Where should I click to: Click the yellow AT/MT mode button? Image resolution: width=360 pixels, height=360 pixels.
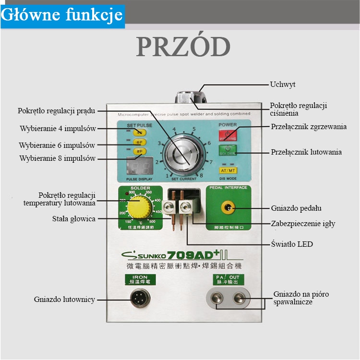[x=228, y=170]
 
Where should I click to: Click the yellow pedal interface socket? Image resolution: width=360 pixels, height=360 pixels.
[x=228, y=208]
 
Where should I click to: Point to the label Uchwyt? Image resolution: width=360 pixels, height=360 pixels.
[x=282, y=84]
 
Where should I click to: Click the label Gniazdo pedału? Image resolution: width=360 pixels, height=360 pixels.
[x=296, y=208]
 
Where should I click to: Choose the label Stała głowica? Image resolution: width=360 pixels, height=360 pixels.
[x=73, y=219]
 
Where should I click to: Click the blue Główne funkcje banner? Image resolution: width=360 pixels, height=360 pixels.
[x=62, y=15]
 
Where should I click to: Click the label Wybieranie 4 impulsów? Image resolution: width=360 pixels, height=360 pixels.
[x=58, y=129]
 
